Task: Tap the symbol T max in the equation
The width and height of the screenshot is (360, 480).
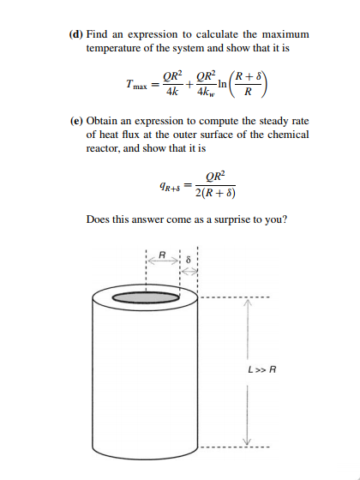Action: tap(135, 85)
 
